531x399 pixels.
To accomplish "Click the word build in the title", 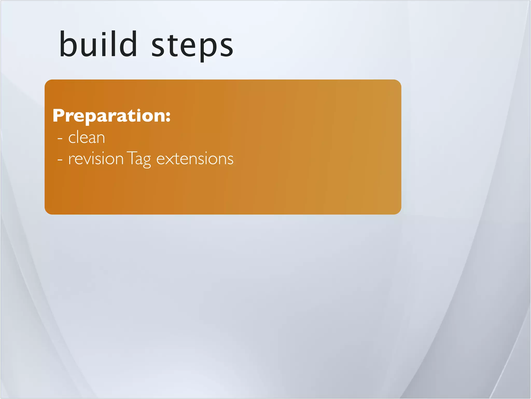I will click(x=98, y=44).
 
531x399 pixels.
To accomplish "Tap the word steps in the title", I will click(x=192, y=46).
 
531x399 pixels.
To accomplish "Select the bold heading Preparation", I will click(x=111, y=116).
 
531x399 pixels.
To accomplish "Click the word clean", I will click(x=87, y=137).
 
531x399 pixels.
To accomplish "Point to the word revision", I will click(x=96, y=159).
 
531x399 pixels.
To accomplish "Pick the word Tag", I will click(x=139, y=159).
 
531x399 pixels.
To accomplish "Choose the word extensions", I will click(x=195, y=159).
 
